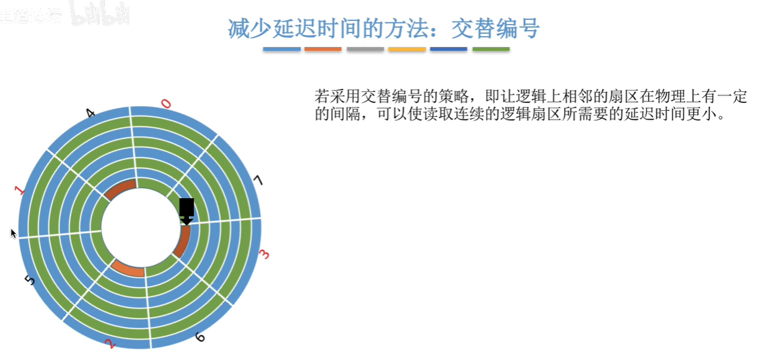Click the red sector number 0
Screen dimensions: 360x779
click(167, 103)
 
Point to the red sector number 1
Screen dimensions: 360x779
click(21, 190)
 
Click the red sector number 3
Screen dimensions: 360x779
click(264, 255)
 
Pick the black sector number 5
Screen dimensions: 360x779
click(29, 279)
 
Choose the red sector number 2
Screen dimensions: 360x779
click(111, 344)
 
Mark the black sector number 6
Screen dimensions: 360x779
click(199, 336)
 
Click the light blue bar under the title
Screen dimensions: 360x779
click(281, 49)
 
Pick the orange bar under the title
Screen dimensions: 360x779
click(323, 49)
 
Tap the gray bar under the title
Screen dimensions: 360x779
click(365, 49)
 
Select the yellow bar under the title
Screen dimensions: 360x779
click(407, 49)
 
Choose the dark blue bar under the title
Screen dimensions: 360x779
click(449, 49)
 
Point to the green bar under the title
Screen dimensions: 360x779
click(491, 49)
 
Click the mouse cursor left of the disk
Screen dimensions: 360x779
click(13, 233)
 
